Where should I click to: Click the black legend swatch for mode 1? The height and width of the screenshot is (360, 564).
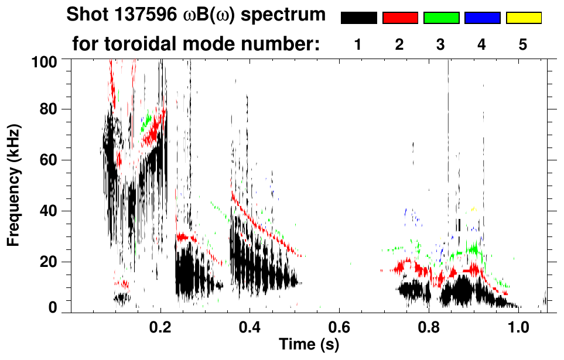click(358, 18)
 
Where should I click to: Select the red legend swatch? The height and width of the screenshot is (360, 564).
click(400, 18)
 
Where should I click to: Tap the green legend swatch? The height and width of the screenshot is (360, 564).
click(441, 18)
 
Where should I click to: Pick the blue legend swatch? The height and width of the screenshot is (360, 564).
click(482, 18)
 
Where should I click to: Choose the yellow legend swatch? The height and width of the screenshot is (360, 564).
click(523, 18)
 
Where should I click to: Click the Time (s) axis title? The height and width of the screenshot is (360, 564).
click(308, 345)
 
